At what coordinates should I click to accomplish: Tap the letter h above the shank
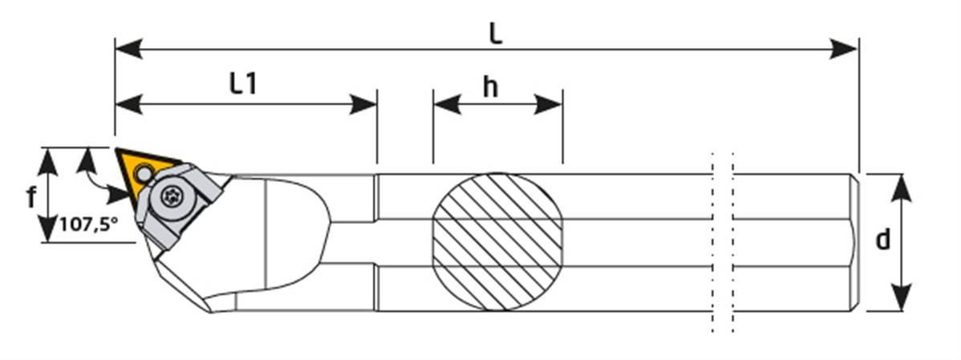(490, 87)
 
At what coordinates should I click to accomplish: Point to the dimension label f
(31, 196)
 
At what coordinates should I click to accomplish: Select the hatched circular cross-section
(497, 241)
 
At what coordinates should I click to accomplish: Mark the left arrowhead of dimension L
(128, 49)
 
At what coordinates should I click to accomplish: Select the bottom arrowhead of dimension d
(903, 298)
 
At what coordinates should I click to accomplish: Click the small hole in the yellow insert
(144, 172)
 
